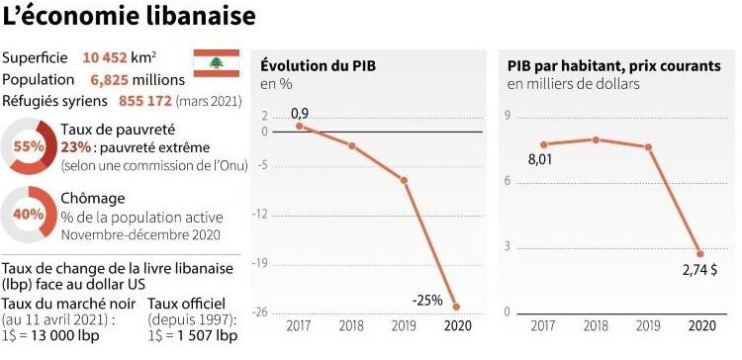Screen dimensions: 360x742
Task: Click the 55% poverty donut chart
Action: click(x=28, y=146)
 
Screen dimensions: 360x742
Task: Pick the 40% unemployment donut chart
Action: click(x=28, y=213)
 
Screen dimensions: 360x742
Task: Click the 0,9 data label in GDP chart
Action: click(x=300, y=113)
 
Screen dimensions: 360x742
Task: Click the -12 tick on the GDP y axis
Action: click(x=264, y=214)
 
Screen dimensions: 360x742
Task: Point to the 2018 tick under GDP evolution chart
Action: click(x=351, y=325)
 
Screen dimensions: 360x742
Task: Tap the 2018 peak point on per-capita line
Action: click(x=595, y=138)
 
